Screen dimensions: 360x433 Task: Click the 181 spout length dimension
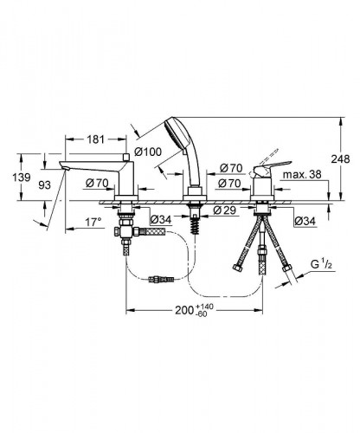[x=95, y=139]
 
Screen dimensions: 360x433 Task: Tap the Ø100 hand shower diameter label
[x=148, y=152]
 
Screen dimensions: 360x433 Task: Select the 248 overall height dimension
[x=340, y=158]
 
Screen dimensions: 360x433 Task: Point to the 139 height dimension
[x=22, y=177]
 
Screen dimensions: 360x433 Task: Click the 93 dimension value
[x=44, y=185]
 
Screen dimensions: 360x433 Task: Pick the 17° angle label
[x=93, y=223]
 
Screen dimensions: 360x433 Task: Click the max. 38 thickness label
[x=302, y=175]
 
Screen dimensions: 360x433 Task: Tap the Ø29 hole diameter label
[x=225, y=210]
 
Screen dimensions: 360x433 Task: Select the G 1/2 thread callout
[x=321, y=265]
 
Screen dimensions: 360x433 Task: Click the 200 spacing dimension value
[x=184, y=311]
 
